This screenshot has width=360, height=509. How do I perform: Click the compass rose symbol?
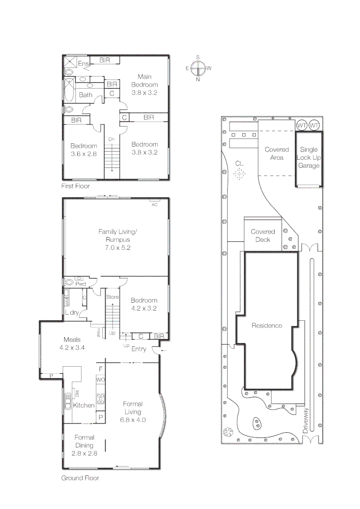pyautogui.click(x=198, y=68)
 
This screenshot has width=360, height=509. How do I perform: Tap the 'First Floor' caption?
pyautogui.click(x=75, y=186)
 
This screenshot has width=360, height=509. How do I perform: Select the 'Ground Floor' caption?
pyautogui.click(x=80, y=478)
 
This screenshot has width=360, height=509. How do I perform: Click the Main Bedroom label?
pyautogui.click(x=145, y=81)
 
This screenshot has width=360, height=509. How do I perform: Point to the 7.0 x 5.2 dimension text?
pyautogui.click(x=117, y=248)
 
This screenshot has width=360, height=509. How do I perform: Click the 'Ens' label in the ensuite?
pyautogui.click(x=83, y=63)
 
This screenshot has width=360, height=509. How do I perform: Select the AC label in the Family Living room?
pyautogui.click(x=155, y=205)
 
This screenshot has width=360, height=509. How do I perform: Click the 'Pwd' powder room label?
pyautogui.click(x=81, y=284)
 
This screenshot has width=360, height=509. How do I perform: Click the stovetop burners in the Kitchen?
pyautogui.click(x=100, y=398)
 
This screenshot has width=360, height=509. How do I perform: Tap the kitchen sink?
pyautogui.click(x=68, y=402)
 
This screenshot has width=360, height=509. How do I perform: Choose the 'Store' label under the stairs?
pyautogui.click(x=112, y=297)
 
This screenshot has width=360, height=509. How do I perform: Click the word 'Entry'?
pyautogui.click(x=139, y=349)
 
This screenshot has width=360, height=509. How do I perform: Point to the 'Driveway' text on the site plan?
pyautogui.click(x=305, y=420)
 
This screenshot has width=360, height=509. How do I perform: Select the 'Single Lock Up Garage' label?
pyautogui.click(x=309, y=157)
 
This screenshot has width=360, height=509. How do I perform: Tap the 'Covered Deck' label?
pyautogui.click(x=262, y=236)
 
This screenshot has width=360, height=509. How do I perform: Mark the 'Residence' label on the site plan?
pyautogui.click(x=267, y=326)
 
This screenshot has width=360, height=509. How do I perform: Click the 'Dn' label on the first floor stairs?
pyautogui.click(x=111, y=139)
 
